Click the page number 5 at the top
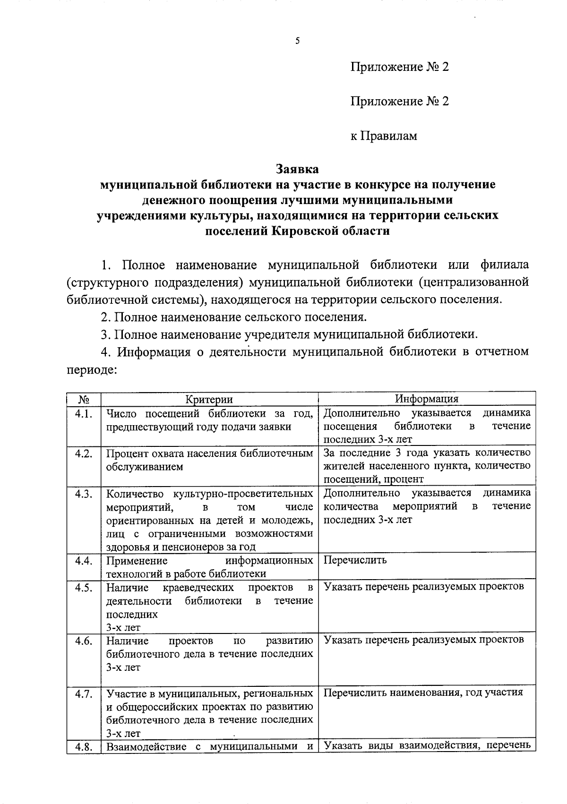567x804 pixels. (297, 41)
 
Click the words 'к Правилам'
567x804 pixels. (384, 136)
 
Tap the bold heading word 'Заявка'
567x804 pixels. (297, 169)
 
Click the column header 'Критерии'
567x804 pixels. (209, 399)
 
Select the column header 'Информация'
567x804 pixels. (427, 398)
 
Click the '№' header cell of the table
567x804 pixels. (84, 399)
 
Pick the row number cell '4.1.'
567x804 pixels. (84, 414)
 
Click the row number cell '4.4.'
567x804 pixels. (84, 561)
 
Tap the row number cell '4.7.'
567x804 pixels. (84, 693)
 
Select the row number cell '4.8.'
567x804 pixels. (84, 747)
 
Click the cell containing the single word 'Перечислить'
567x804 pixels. (355, 560)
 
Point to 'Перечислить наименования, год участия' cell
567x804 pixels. (423, 693)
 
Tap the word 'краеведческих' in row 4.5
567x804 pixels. (198, 587)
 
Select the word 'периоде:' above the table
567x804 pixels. (91, 369)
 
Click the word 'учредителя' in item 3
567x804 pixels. (276, 334)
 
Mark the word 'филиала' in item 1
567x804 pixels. (504, 265)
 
